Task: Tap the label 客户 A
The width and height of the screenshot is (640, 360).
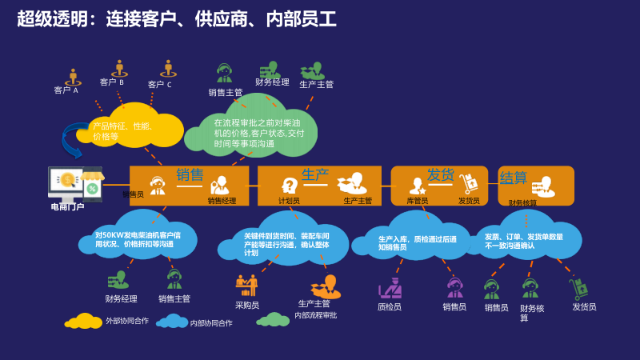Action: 66,90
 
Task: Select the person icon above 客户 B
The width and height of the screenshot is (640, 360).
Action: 119,67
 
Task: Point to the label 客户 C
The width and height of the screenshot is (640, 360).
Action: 159,84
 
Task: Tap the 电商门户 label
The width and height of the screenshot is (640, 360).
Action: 67,206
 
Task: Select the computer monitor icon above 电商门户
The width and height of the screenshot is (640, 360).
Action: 66,183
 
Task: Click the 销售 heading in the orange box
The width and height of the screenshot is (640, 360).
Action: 190,174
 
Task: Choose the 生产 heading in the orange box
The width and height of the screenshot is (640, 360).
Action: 315,174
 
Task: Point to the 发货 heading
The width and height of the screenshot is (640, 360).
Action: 441,174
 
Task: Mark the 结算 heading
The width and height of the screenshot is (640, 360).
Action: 513,177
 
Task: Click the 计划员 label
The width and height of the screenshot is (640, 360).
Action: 289,201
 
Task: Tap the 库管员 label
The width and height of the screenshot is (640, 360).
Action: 417,201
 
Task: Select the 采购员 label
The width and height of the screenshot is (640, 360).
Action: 246,305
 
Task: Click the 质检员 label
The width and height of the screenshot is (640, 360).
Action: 390,306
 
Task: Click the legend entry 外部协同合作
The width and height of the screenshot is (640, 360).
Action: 127,321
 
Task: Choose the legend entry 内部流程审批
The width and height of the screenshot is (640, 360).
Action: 315,315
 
